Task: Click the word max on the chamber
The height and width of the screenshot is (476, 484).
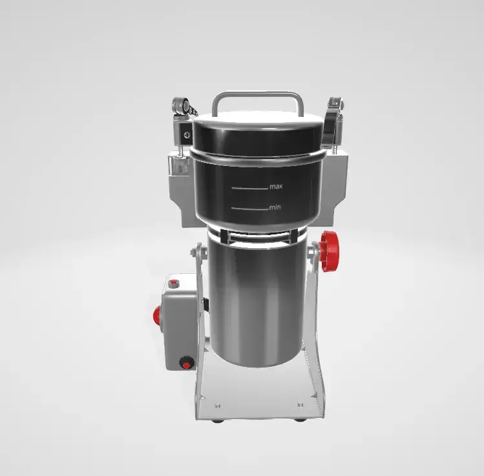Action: click(x=276, y=187)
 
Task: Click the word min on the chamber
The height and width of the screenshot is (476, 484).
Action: click(x=275, y=207)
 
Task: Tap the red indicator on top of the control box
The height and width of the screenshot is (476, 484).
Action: click(x=173, y=283)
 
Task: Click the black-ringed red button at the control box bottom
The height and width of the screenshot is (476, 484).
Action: click(x=187, y=363)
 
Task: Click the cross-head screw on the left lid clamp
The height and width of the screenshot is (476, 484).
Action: click(x=187, y=135)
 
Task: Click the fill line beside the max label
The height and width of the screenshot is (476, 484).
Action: click(x=249, y=188)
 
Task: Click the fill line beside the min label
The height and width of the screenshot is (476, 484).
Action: click(x=249, y=209)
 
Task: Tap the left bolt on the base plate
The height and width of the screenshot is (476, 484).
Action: click(x=217, y=406)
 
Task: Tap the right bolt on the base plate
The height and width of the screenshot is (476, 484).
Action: click(x=300, y=405)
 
